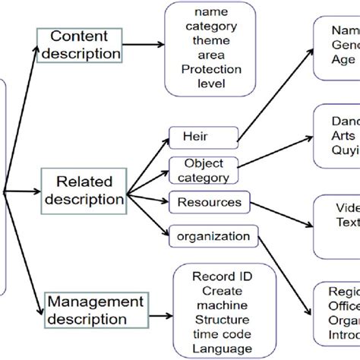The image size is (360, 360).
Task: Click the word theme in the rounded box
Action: point(210,41)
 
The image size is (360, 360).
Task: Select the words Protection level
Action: point(210,77)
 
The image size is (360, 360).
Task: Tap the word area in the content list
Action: point(210,55)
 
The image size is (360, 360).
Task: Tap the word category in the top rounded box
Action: point(210,27)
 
